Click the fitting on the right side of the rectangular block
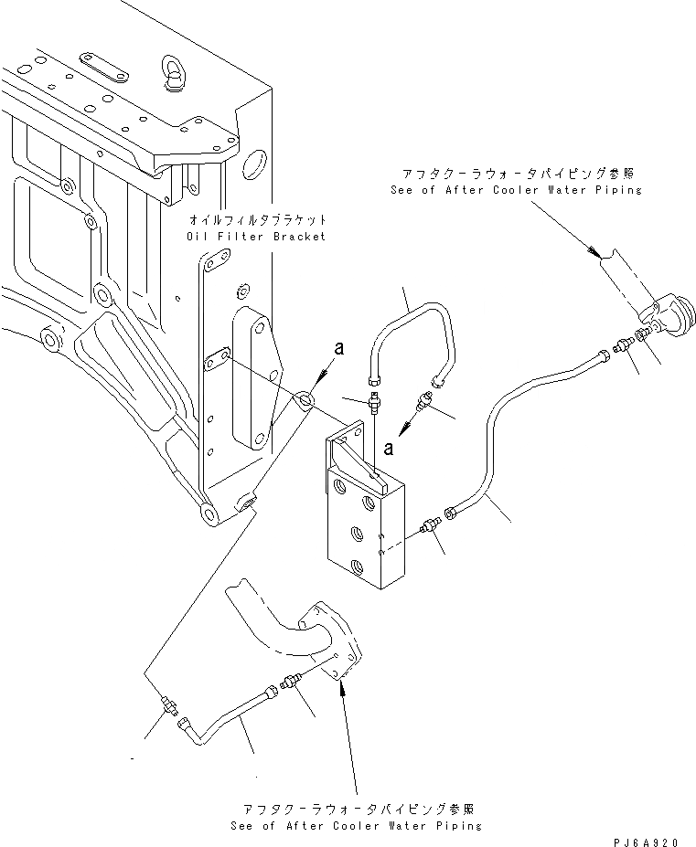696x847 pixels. tap(429, 528)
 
